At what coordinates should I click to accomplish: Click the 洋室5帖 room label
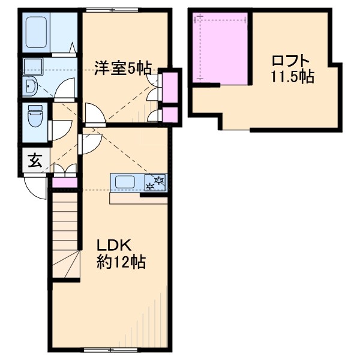[x=122, y=68]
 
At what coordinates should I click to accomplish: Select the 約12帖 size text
[x=122, y=262]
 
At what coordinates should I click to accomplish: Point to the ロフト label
[x=291, y=61]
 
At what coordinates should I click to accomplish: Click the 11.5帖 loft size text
[x=291, y=77]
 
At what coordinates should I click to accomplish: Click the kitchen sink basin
[x=127, y=182]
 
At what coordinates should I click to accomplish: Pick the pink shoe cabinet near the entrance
[x=65, y=182]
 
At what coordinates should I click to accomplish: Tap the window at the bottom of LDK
[x=104, y=350]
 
